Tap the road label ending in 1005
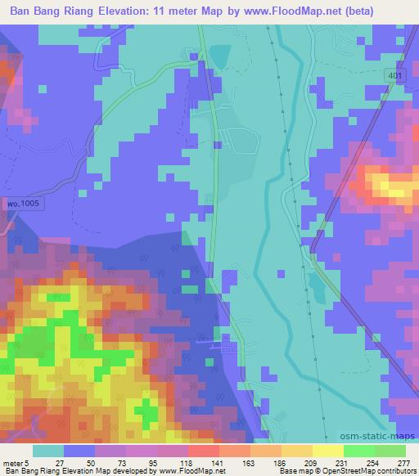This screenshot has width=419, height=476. (x=22, y=201)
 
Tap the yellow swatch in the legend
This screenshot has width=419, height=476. (x=328, y=451)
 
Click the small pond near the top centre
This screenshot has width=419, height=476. (x=220, y=56)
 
